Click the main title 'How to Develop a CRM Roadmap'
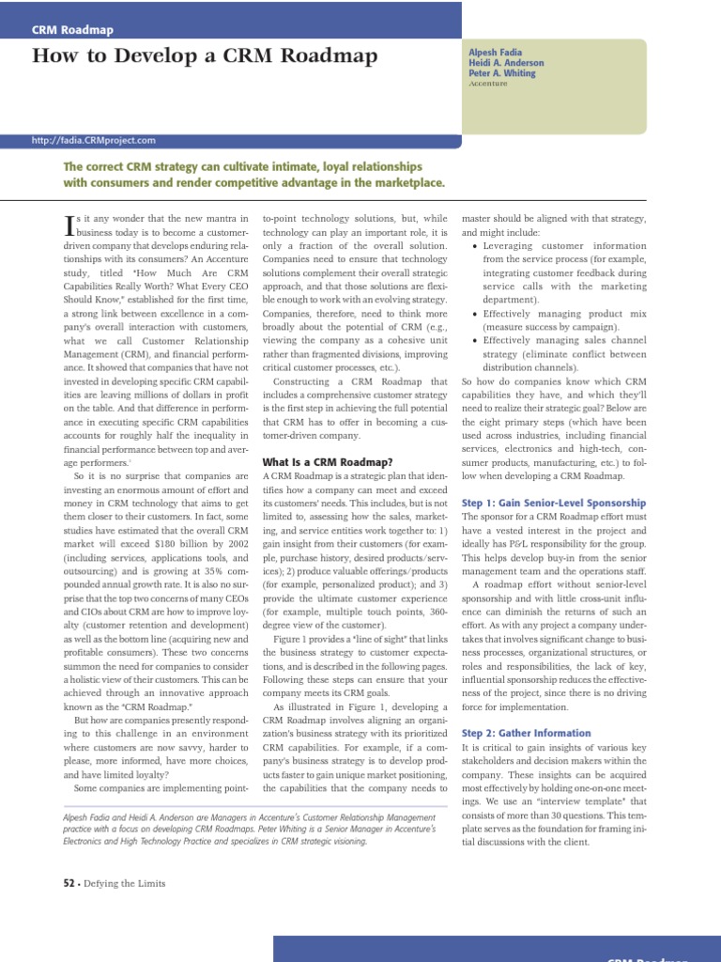click(x=205, y=56)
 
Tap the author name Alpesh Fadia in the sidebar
click(x=496, y=53)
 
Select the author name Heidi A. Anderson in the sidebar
click(x=506, y=63)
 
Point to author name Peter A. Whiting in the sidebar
click(x=501, y=73)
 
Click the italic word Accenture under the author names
click(x=487, y=84)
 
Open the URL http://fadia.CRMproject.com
click(x=94, y=140)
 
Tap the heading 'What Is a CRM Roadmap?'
click(x=327, y=461)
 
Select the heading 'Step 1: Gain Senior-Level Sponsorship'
click(x=554, y=503)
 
